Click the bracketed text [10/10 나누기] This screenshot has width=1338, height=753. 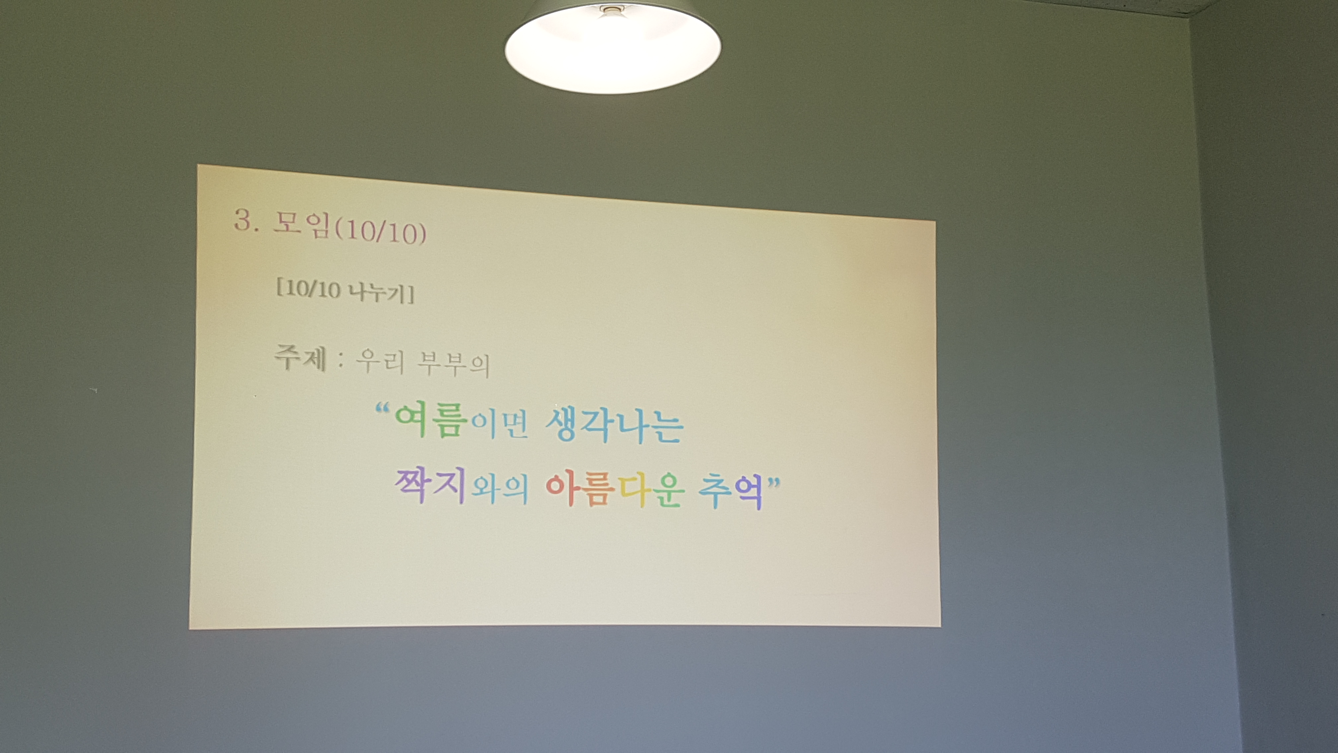pyautogui.click(x=345, y=291)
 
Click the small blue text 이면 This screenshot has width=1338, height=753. pyautogui.click(x=499, y=425)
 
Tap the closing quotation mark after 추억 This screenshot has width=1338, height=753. pyautogui.click(x=774, y=483)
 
